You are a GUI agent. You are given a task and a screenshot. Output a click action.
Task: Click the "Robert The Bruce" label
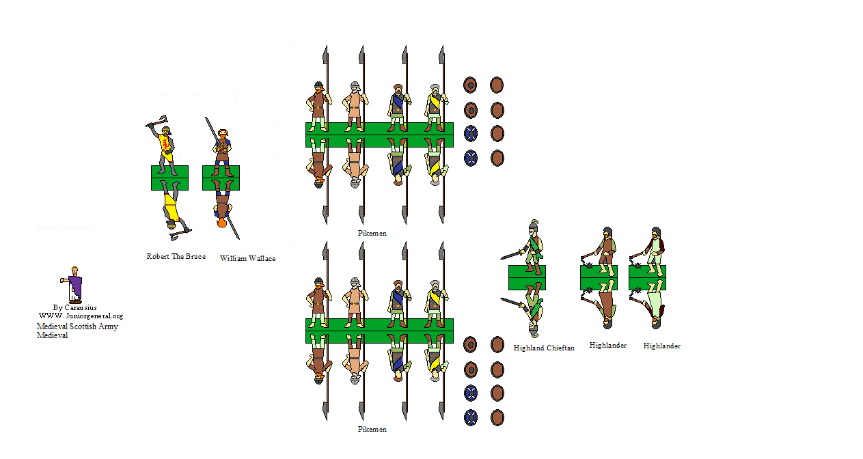176,257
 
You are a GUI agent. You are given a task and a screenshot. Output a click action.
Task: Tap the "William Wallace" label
247,259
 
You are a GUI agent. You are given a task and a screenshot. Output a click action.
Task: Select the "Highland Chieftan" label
544,348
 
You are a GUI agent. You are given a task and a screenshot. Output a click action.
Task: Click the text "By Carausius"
74,307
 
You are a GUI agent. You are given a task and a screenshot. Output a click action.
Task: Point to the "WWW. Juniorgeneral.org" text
81,316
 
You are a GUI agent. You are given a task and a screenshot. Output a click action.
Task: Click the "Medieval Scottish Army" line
77,326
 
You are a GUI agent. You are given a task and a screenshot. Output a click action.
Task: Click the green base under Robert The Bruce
169,178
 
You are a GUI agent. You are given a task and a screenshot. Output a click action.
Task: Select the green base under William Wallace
221,178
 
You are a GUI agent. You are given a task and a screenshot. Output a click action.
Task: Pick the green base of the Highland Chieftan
527,277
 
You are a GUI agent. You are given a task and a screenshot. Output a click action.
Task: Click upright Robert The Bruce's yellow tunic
165,144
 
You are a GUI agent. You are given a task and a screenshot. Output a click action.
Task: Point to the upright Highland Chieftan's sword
512,255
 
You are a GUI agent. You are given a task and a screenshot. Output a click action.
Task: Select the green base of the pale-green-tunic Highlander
647,277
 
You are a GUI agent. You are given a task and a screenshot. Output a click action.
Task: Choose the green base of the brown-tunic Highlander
599,277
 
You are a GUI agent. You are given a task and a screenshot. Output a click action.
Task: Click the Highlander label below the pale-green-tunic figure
661,346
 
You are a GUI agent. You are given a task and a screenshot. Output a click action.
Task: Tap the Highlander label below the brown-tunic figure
607,346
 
